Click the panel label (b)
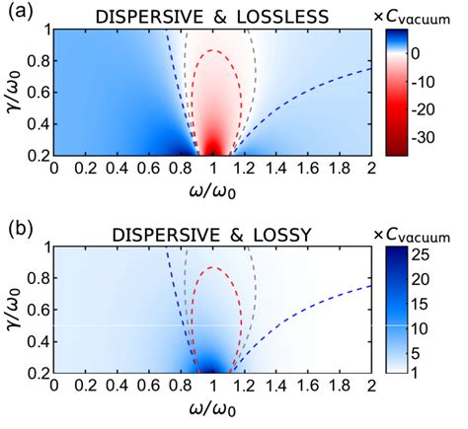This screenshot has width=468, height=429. (x=17, y=231)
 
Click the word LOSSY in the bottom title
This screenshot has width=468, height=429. (x=273, y=234)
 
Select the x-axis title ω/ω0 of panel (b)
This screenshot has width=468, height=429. (x=211, y=410)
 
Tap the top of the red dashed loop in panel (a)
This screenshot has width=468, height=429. (x=212, y=48)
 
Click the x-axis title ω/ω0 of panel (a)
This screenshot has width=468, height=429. (x=211, y=189)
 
